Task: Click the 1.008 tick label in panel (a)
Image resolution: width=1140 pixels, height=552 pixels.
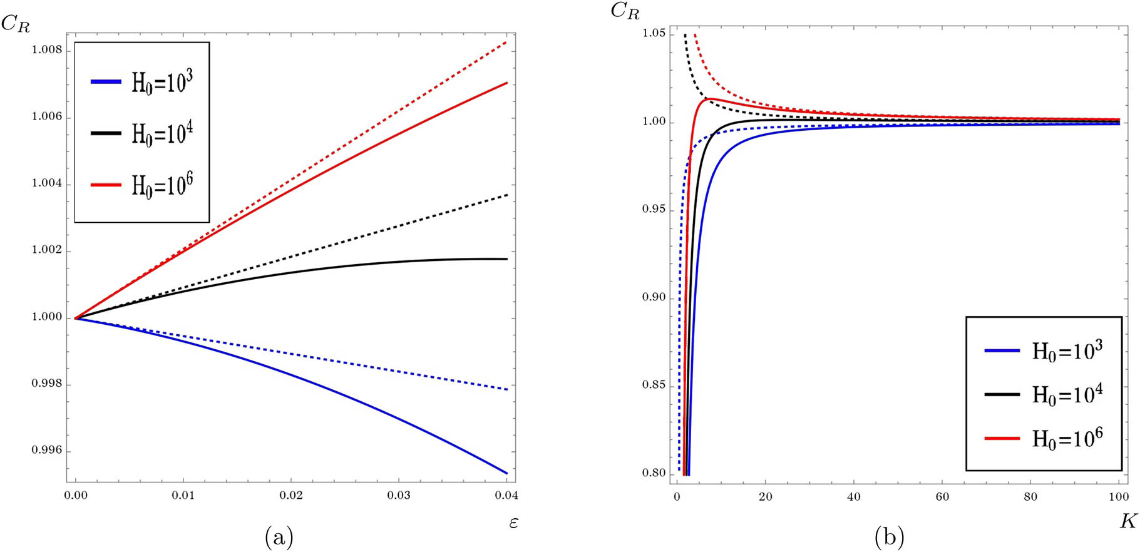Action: (x=47, y=51)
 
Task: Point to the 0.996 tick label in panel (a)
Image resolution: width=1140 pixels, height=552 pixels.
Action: (x=47, y=451)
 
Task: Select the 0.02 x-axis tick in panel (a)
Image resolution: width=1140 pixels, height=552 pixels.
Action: (x=291, y=496)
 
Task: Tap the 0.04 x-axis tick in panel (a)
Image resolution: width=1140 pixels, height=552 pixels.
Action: (x=506, y=496)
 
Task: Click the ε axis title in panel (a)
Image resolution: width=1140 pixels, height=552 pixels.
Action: (x=513, y=522)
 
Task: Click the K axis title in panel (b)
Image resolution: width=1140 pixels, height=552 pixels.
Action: (x=1127, y=521)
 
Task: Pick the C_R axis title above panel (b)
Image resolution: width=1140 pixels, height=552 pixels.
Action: (x=624, y=11)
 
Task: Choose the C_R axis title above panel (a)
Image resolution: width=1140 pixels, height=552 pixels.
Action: (x=16, y=24)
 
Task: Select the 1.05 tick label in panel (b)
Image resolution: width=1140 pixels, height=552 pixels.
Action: (x=654, y=33)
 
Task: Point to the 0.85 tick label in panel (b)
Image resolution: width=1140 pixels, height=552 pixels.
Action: (x=654, y=386)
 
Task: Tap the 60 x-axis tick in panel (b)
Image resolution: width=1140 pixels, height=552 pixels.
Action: (x=942, y=497)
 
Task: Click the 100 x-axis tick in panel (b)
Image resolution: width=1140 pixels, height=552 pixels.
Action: (x=1118, y=497)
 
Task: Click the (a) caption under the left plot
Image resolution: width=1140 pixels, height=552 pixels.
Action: (x=279, y=537)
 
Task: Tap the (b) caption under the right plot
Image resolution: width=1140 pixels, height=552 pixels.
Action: (x=888, y=537)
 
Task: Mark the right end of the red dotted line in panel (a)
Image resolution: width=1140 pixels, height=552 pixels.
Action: (x=506, y=42)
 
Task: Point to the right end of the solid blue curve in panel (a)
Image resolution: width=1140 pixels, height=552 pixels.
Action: (x=506, y=473)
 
